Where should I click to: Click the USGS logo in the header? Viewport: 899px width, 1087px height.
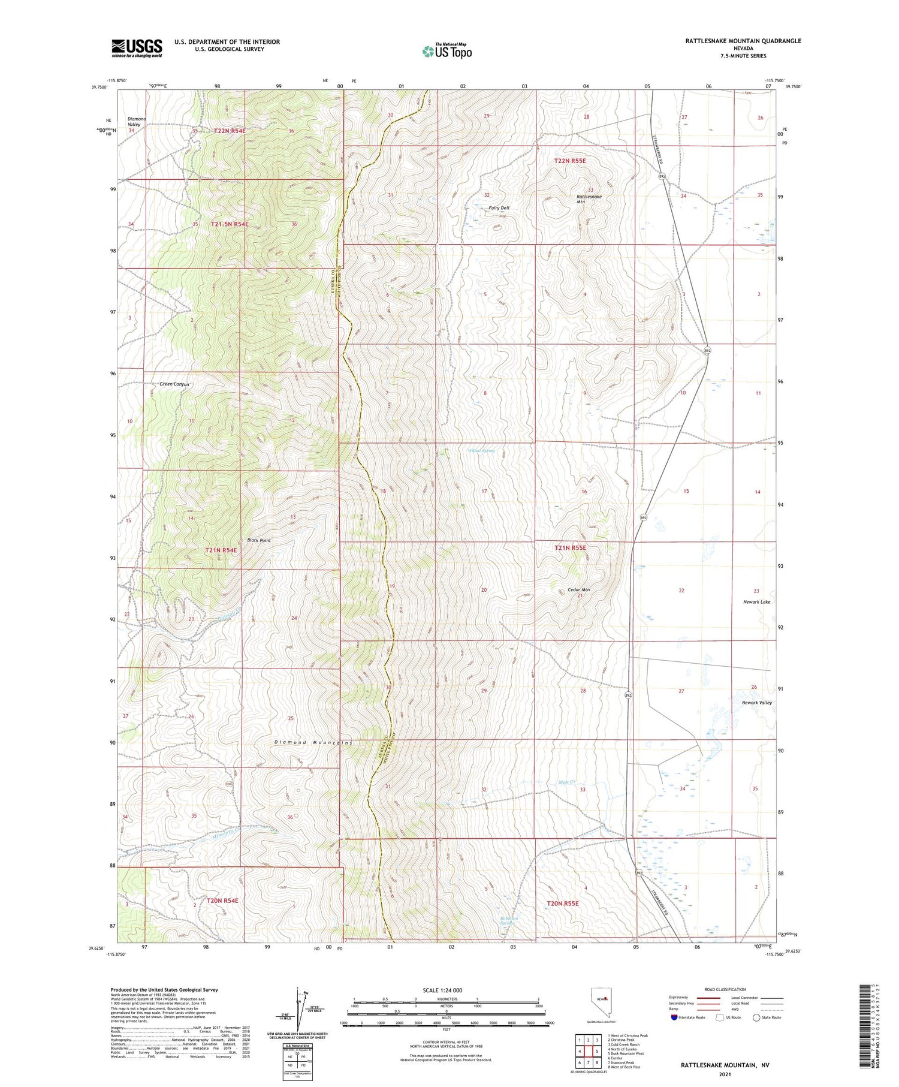(137, 48)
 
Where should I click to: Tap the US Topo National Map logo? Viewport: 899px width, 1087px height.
(447, 51)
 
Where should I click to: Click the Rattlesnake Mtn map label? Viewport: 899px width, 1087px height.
(589, 199)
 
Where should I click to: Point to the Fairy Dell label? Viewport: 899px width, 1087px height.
(499, 208)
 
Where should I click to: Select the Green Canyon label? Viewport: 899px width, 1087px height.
(174, 384)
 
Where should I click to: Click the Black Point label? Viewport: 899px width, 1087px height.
(259, 540)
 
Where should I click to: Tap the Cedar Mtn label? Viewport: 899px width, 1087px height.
(578, 590)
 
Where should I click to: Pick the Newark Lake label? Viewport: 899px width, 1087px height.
(756, 601)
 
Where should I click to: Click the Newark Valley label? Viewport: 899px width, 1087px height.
(756, 702)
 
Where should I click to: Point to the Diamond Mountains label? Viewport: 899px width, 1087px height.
(313, 742)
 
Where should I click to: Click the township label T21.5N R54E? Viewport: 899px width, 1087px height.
(229, 224)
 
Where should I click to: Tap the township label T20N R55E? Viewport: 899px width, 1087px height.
(562, 903)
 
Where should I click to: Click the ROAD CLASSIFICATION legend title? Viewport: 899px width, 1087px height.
(725, 989)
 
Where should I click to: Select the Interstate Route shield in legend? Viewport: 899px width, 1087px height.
(674, 1017)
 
